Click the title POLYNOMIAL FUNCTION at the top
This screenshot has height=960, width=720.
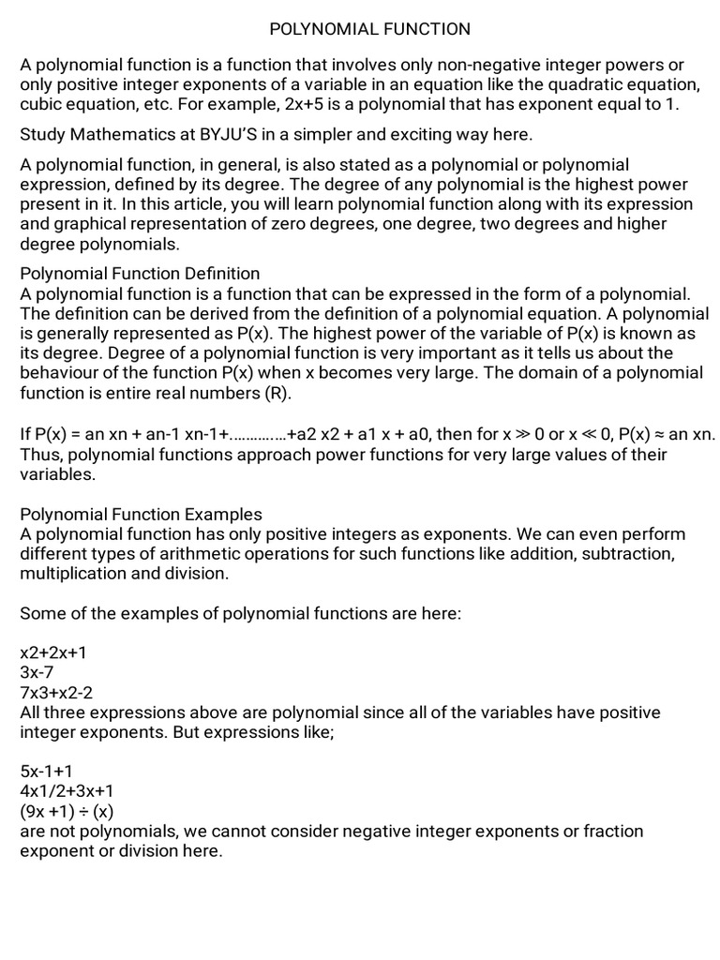point(370,29)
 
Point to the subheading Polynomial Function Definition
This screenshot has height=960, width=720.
point(140,274)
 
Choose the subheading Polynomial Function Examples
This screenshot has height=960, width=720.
point(141,515)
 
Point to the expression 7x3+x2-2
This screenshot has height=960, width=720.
point(57,693)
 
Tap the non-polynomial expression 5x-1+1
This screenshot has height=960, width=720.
point(47,772)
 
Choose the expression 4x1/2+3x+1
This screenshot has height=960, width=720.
point(67,791)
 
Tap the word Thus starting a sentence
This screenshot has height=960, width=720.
point(40,456)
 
